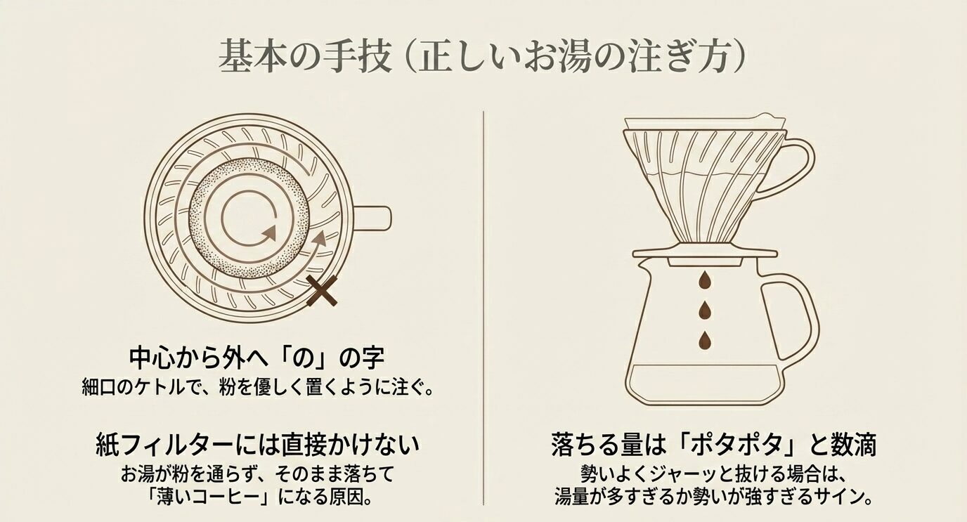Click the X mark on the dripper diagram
322,291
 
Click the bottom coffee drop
702,339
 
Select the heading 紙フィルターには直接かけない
257,445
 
